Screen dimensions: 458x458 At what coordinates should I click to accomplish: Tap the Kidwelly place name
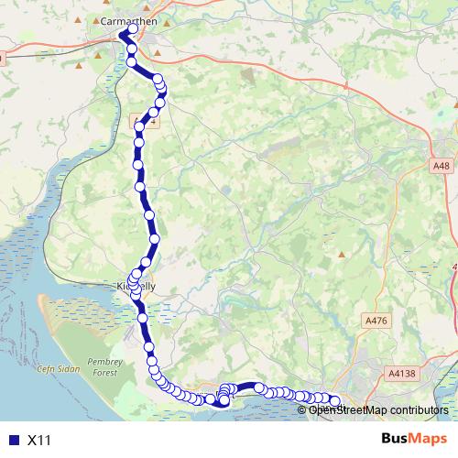[137, 287]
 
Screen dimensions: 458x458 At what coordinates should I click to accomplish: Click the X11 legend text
[39, 441]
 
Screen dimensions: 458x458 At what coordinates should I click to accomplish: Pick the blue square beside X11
[11, 441]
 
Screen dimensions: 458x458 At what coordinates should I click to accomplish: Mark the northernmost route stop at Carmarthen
[133, 28]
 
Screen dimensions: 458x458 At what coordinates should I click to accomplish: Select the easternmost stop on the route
[334, 400]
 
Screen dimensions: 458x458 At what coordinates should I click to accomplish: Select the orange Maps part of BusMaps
[429, 440]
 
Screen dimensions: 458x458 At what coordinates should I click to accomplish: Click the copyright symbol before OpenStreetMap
[303, 409]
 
